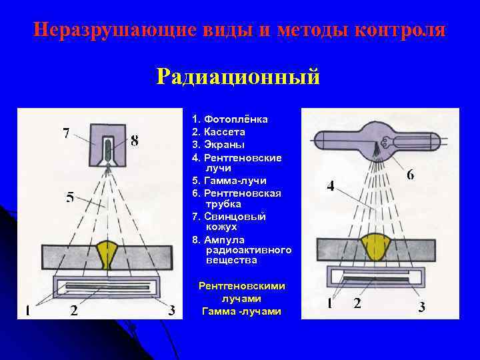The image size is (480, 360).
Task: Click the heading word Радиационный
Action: [239, 76]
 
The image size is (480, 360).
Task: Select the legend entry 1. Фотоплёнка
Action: [229, 119]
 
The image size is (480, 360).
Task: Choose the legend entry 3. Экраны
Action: [218, 144]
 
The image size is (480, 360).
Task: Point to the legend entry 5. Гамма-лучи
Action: [229, 180]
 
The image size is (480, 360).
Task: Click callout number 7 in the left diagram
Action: [66, 133]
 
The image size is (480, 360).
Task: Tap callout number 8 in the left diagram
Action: [135, 141]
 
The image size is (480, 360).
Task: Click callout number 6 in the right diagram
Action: [410, 175]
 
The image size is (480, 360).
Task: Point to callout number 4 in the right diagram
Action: [331, 186]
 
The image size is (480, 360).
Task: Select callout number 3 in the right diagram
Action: [421, 307]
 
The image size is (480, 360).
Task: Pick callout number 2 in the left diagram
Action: [73, 310]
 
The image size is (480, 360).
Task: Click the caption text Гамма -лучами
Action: [241, 311]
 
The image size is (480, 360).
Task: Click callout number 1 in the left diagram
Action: [28, 310]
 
